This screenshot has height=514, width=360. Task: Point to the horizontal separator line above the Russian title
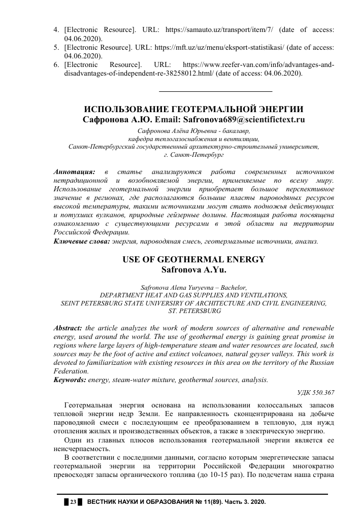pos(216,91)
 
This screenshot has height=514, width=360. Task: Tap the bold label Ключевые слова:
pos(81,242)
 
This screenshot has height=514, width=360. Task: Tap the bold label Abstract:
pos(69,328)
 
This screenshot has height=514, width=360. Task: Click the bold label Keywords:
pos(70,380)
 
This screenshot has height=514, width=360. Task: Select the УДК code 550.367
pos(323,393)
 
